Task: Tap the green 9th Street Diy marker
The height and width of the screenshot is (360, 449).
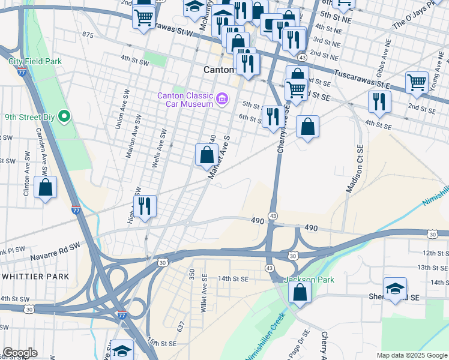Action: [67, 117]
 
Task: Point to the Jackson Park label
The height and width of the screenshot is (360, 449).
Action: [300, 280]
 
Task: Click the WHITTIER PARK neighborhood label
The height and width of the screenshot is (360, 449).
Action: [35, 276]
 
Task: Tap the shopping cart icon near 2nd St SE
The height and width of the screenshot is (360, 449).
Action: [417, 82]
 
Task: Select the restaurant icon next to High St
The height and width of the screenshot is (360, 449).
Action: [145, 206]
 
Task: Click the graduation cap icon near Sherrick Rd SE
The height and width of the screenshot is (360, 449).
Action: [395, 289]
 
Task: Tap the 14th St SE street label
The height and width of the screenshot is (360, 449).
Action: [233, 278]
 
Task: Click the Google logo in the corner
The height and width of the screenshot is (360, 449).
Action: [20, 353]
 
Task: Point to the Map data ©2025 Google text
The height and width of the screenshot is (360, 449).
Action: [411, 355]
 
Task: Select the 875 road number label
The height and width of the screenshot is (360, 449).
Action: [88, 35]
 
